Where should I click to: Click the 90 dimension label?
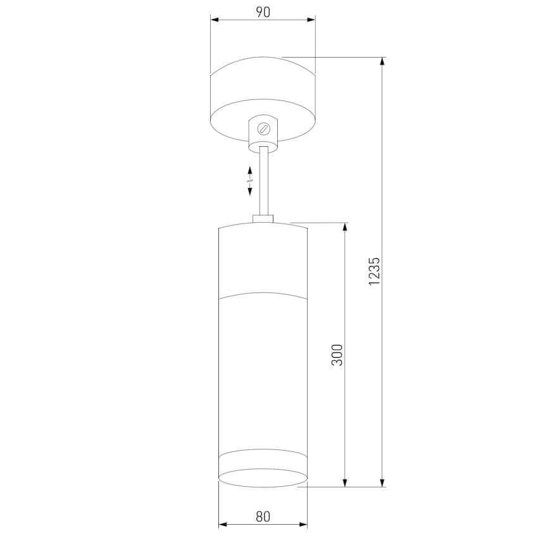(263, 12)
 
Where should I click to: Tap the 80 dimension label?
(263, 516)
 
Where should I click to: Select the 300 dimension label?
(337, 355)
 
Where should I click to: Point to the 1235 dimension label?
(374, 272)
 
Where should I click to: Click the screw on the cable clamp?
(264, 128)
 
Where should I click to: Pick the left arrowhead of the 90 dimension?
(215, 20)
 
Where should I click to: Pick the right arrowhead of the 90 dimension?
(311, 20)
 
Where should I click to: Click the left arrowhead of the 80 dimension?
(223, 524)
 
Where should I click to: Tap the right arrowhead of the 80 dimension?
(303, 524)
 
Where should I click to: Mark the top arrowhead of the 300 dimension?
(345, 227)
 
